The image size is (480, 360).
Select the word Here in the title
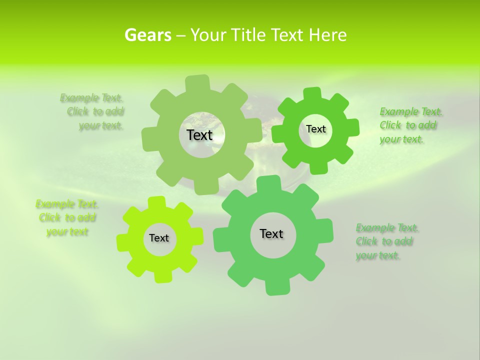327,35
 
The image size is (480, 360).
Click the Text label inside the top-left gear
199,135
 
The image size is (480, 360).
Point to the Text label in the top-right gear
315,129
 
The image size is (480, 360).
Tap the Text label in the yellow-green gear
159,238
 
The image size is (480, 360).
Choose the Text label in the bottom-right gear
271,233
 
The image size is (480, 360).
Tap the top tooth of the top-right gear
312,94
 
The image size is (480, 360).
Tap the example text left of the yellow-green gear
67,217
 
